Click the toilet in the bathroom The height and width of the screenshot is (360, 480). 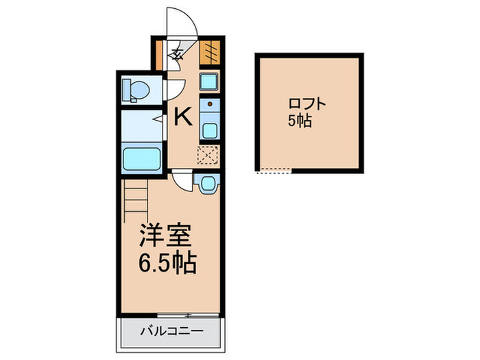coord(135,89)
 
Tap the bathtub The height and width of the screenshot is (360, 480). coord(142,158)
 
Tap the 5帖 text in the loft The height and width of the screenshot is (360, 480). coord(299,121)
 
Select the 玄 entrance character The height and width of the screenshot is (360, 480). coord(176,55)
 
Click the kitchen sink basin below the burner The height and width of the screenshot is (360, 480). coord(210,130)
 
